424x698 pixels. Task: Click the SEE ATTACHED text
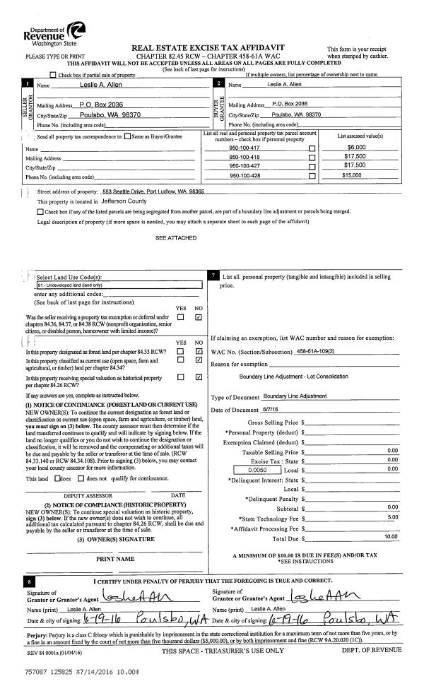[x=176, y=238]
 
